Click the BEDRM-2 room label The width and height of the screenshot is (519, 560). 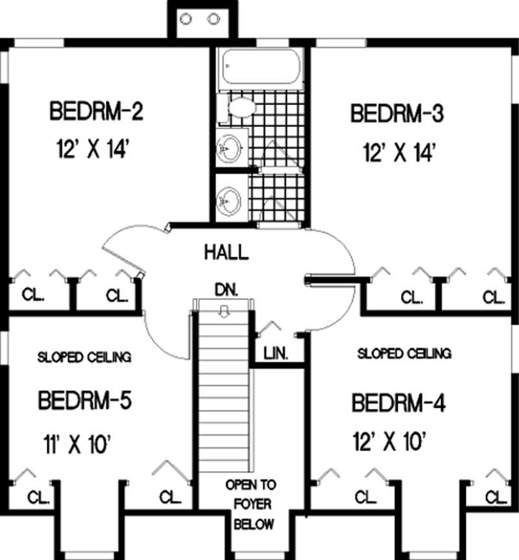tap(96, 111)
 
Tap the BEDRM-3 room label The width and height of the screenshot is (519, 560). tap(396, 113)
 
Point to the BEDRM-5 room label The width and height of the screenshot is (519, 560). tap(85, 401)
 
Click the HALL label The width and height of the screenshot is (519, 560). tap(226, 251)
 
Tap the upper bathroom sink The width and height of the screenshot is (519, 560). tap(229, 149)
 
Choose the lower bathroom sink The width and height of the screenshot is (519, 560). tap(228, 198)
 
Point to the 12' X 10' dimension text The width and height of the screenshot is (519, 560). tap(389, 442)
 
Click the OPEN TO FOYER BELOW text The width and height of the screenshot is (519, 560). tap(250, 504)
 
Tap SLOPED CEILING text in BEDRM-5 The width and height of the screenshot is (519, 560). tap(84, 356)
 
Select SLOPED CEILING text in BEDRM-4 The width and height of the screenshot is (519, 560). tap(404, 354)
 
